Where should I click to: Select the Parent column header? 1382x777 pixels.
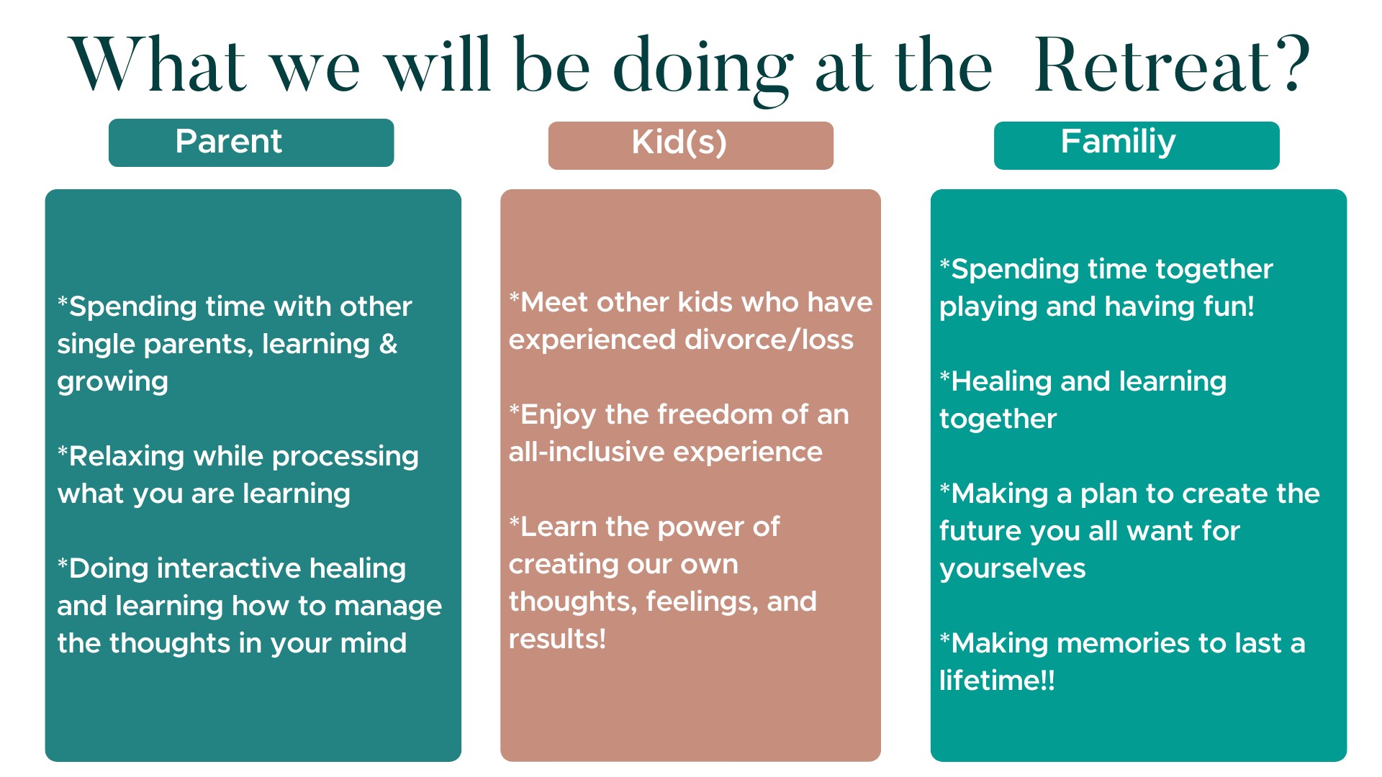click(x=251, y=142)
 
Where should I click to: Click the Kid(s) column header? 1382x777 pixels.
click(x=691, y=145)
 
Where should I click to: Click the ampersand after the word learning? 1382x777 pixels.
click(x=388, y=344)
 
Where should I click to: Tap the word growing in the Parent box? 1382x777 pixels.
click(x=113, y=382)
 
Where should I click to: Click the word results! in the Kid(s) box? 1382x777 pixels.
click(x=557, y=639)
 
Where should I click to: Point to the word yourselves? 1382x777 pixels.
click(x=1013, y=569)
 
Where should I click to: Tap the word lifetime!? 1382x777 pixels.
click(x=997, y=681)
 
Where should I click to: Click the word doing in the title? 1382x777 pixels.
click(x=703, y=71)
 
